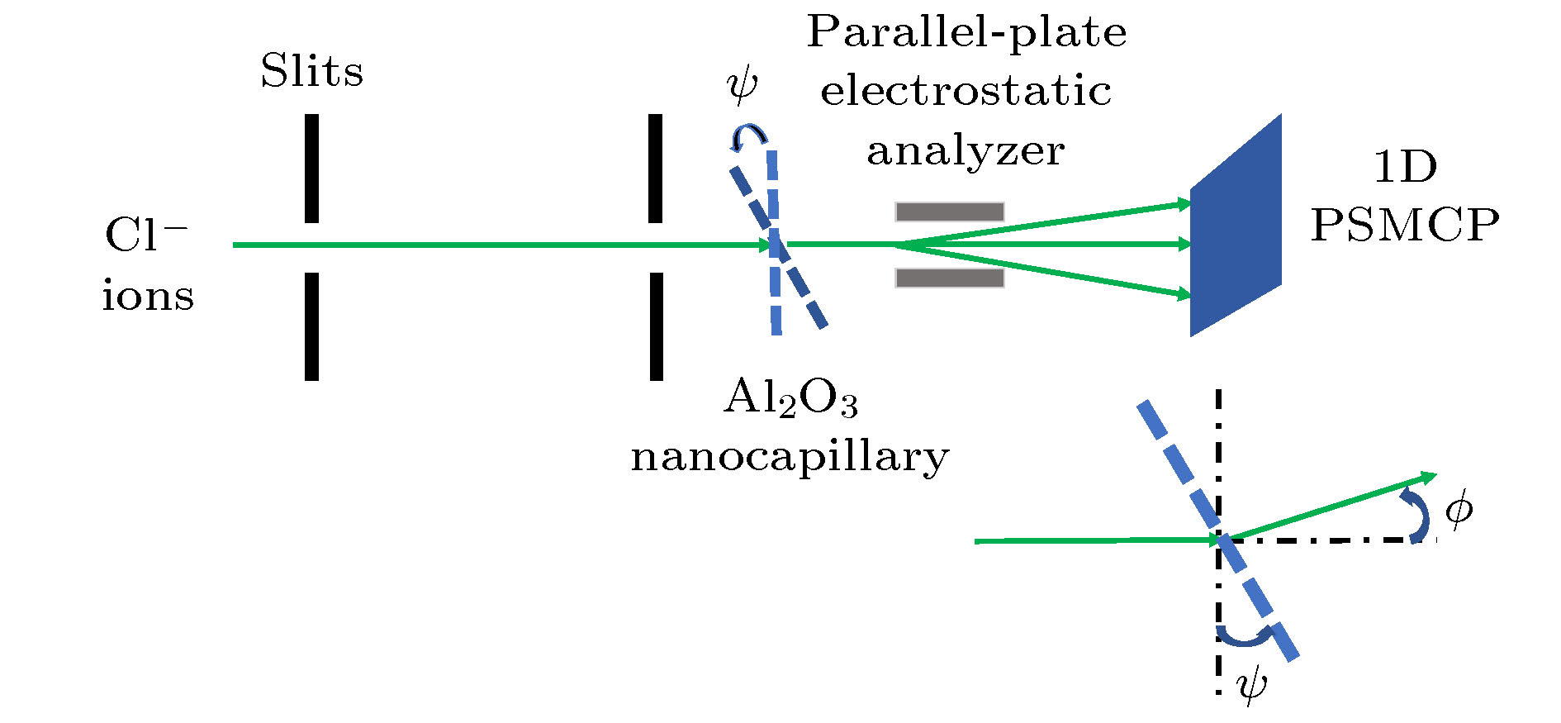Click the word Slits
click(x=311, y=71)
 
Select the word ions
click(x=148, y=296)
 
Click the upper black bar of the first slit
click(x=311, y=169)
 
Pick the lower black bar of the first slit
click(x=311, y=326)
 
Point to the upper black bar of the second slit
click(x=655, y=169)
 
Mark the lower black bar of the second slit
click(x=656, y=326)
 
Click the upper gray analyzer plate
click(x=950, y=212)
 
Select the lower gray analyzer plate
click(x=950, y=278)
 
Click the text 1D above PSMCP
click(x=1405, y=167)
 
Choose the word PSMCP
click(x=1405, y=224)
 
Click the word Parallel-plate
click(x=966, y=33)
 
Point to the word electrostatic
click(x=966, y=91)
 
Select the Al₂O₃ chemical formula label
click(x=790, y=398)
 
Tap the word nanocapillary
click(x=790, y=457)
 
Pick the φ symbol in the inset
click(x=1459, y=509)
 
